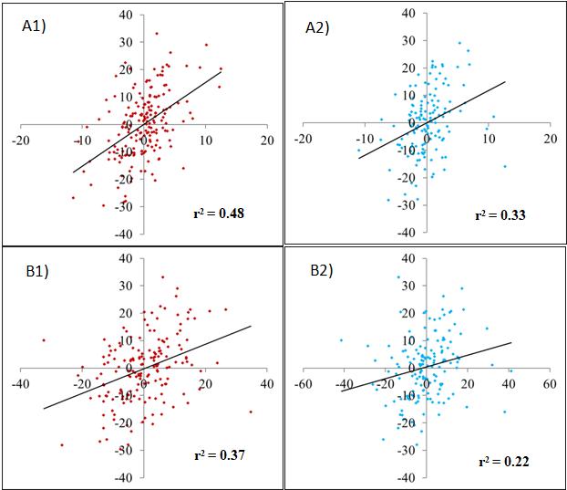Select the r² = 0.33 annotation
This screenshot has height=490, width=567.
pyautogui.click(x=500, y=215)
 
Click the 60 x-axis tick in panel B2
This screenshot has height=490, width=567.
pyautogui.click(x=549, y=385)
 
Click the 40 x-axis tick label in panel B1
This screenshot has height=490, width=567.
pyautogui.click(x=266, y=385)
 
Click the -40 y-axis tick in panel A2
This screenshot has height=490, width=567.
pyautogui.click(x=410, y=234)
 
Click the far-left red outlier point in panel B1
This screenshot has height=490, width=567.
pyautogui.click(x=44, y=340)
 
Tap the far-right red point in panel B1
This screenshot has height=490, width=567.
pyautogui.click(x=251, y=412)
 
